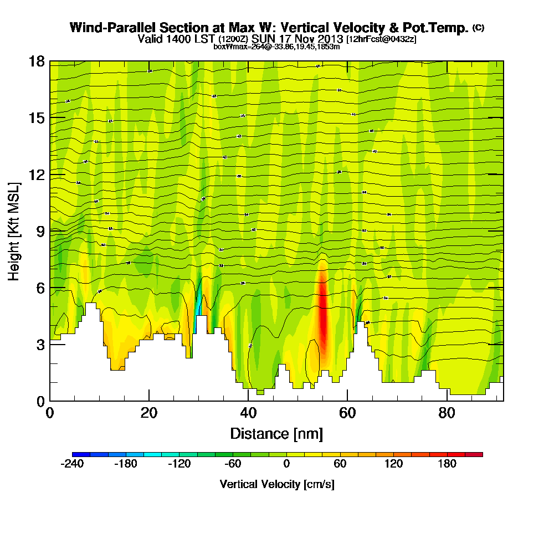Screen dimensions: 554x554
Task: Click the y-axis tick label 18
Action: pyautogui.click(x=37, y=61)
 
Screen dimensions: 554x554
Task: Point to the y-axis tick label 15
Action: pyautogui.click(x=37, y=117)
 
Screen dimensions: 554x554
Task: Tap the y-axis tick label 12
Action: pyautogui.click(x=37, y=175)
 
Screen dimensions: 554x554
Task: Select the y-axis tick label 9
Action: pyautogui.click(x=40, y=231)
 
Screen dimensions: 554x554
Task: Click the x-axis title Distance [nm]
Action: pyautogui.click(x=276, y=433)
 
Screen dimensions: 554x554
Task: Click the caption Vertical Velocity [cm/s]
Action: pyautogui.click(x=277, y=484)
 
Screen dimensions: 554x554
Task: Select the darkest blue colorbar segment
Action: pyautogui.click(x=81, y=454)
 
